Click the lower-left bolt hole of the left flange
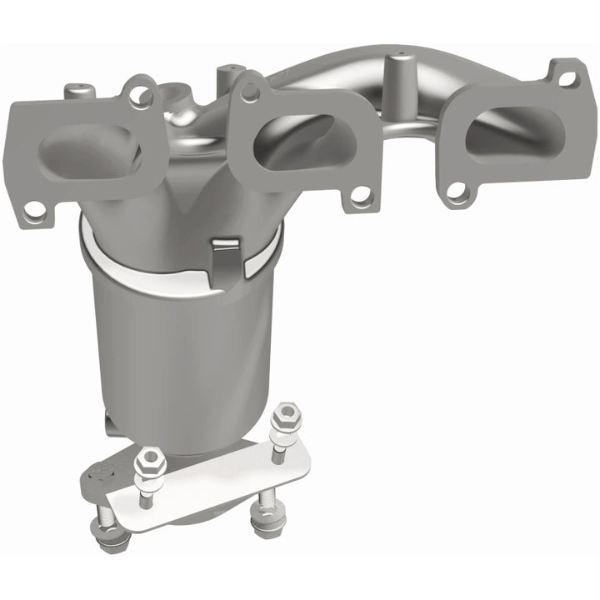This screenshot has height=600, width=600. click(34, 212)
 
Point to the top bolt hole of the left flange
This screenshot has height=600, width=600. click(138, 93)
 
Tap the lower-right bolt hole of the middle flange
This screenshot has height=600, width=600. click(361, 197)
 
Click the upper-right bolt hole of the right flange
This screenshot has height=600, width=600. click(567, 79)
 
